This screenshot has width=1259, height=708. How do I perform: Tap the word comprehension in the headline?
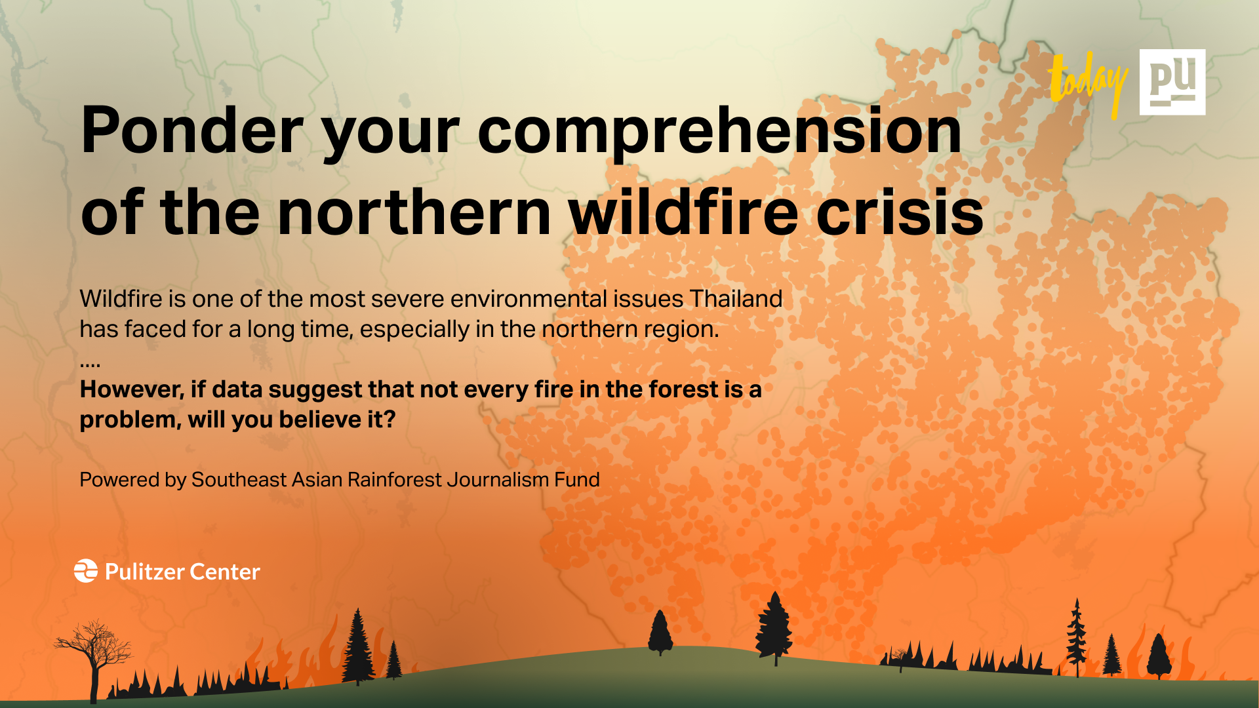tap(719, 131)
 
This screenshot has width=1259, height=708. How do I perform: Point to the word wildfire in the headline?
tap(683, 212)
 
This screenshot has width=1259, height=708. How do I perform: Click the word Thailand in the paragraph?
tap(736, 299)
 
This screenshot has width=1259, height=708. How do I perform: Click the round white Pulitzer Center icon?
tap(86, 571)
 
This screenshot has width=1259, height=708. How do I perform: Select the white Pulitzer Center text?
tap(182, 572)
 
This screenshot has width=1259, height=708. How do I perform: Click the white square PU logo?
tap(1172, 82)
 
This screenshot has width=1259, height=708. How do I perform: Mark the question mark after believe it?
tap(390, 420)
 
